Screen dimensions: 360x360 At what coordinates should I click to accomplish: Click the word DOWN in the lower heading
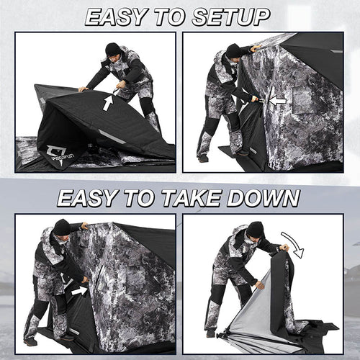(267, 197)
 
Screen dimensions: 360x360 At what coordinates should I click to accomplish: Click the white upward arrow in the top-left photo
(107, 102)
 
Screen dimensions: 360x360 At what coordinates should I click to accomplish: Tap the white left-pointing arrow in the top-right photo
(277, 100)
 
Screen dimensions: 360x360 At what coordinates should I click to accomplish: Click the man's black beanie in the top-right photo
(233, 50)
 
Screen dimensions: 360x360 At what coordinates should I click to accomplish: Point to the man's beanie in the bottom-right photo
(256, 229)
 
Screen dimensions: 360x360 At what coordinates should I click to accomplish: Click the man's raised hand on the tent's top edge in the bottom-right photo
(284, 248)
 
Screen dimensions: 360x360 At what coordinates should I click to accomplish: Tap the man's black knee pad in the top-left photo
(148, 106)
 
